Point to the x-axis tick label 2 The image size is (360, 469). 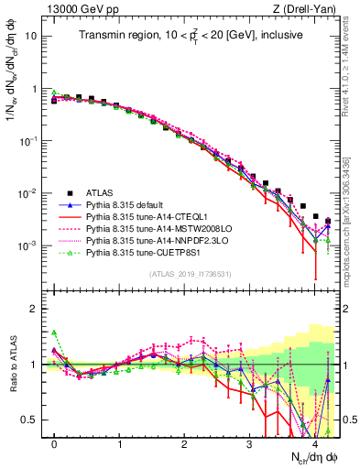point(184,443)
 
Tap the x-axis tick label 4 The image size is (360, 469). point(314,443)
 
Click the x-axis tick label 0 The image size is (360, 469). point(54,443)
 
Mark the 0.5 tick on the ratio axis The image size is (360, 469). point(32,420)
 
